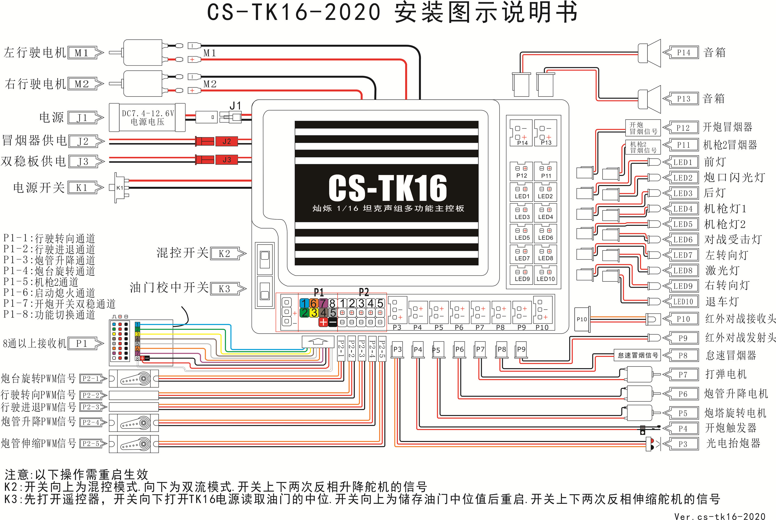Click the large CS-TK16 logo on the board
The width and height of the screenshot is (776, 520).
[388, 188]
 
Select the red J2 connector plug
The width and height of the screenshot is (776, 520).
[227, 141]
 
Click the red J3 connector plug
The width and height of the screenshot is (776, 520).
[227, 160]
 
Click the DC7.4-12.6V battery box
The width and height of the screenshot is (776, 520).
[147, 117]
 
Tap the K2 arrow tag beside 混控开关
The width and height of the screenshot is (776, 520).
[228, 254]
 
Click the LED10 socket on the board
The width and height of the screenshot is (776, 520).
[546, 275]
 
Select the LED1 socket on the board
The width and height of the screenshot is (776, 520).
[522, 192]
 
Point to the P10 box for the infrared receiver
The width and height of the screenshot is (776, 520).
[582, 319]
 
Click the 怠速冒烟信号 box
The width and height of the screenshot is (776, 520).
[638, 355]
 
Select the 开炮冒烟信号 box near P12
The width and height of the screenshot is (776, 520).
[643, 128]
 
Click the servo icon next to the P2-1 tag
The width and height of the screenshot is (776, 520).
[134, 378]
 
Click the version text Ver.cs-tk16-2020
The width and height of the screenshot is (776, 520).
[720, 516]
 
